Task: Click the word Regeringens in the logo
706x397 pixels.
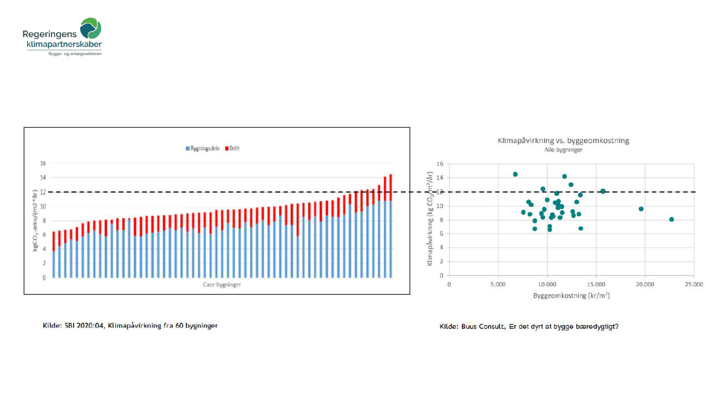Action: [50, 34]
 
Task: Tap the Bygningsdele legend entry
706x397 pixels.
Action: [204, 149]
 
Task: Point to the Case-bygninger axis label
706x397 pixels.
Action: [222, 285]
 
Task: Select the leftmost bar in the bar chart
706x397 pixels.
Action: [53, 255]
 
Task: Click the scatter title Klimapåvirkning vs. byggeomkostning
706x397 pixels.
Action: [564, 141]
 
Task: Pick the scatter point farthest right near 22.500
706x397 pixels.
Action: [672, 219]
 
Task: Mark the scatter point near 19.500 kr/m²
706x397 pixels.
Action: [641, 209]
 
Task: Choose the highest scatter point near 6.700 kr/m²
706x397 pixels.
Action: [515, 174]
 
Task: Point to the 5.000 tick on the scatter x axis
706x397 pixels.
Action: [498, 284]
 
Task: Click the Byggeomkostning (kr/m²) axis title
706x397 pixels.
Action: [571, 295]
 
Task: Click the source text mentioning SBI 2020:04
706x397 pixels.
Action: [130, 326]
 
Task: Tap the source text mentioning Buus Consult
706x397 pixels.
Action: [529, 327]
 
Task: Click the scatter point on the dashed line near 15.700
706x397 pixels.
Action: [603, 191]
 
